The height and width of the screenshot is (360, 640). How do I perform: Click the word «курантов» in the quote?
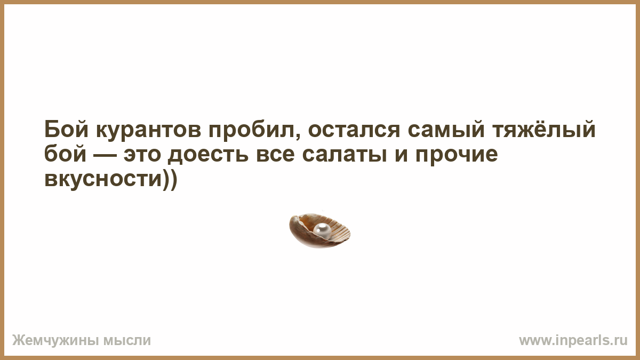pos(149,130)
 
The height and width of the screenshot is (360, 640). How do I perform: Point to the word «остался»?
pos(354,130)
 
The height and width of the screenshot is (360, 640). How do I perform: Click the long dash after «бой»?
pos(105,155)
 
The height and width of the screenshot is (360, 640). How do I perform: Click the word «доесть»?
pos(207,156)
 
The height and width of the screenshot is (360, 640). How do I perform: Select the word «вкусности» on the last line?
pos(103,181)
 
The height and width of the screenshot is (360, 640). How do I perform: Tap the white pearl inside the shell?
pos(322,230)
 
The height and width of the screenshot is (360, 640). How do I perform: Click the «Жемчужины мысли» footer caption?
pos(82,341)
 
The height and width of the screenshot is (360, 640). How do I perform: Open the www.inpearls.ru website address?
pos(573,341)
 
